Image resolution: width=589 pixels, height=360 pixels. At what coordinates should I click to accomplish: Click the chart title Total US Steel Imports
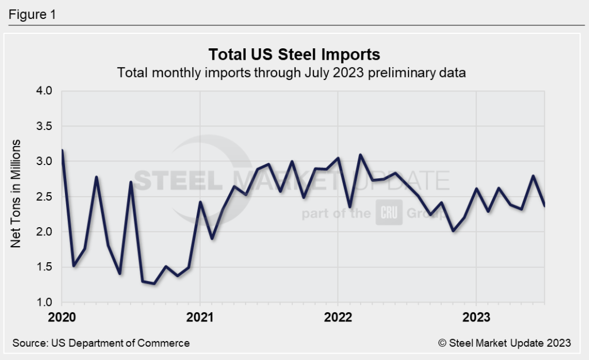(294, 55)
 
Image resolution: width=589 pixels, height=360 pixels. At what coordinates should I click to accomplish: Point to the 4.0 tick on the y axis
(44, 91)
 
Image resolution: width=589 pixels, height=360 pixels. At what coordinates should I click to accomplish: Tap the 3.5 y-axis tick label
(44, 126)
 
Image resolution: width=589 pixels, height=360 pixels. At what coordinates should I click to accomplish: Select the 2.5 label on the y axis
(44, 197)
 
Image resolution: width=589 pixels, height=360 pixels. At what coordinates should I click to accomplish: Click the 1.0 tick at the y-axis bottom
(44, 302)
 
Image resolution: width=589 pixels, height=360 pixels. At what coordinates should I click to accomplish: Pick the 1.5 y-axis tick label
(44, 267)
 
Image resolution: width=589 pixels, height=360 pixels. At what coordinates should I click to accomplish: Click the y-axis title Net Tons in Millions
(17, 193)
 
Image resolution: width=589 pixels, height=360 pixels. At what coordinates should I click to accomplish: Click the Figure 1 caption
(32, 15)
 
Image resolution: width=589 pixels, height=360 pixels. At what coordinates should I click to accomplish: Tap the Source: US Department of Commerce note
(101, 343)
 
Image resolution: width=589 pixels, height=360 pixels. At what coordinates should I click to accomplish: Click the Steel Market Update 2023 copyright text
(504, 343)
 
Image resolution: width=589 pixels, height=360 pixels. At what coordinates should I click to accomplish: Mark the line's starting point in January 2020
(62, 150)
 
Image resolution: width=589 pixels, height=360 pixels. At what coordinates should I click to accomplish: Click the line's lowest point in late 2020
(154, 283)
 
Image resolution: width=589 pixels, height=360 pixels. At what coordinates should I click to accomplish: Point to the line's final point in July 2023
(544, 205)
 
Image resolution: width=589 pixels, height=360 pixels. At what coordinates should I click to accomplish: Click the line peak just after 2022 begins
(361, 155)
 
